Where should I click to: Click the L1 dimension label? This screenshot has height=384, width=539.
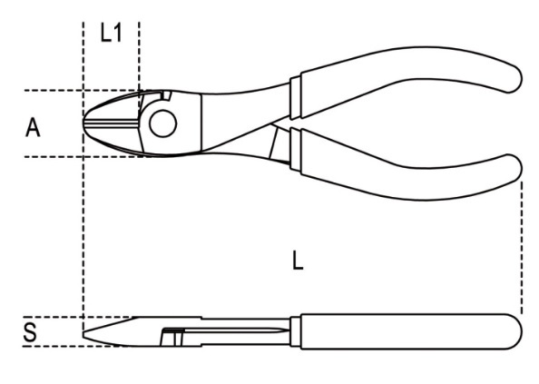click(111, 34)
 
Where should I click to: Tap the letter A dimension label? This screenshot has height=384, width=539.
click(33, 127)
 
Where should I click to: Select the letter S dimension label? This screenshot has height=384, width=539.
click(30, 332)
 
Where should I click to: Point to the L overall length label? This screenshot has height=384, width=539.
click(298, 261)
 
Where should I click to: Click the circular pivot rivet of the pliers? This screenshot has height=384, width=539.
click(163, 123)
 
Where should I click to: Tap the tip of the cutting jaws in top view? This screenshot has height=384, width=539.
click(83, 123)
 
